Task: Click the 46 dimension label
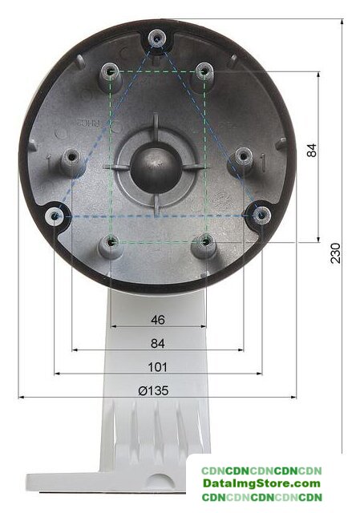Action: click(x=158, y=320)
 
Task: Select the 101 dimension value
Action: click(x=158, y=367)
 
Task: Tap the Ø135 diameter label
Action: click(x=153, y=390)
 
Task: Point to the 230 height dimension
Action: click(x=335, y=253)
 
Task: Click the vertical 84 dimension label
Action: click(x=312, y=150)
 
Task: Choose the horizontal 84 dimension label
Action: click(x=158, y=344)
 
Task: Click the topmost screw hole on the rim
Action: click(x=157, y=39)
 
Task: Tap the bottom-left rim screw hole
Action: click(x=55, y=216)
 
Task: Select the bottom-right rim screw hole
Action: click(x=261, y=215)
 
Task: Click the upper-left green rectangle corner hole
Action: click(x=111, y=71)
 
